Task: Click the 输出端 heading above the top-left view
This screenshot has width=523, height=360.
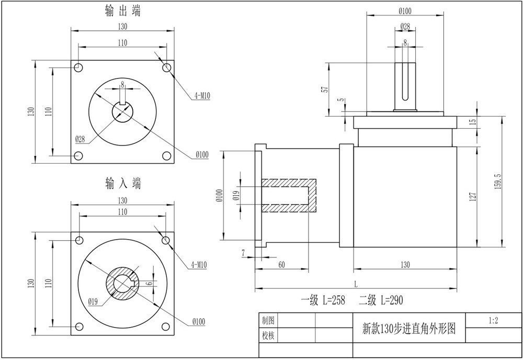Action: (x=123, y=11)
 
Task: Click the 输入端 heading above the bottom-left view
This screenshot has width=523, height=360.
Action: (x=123, y=184)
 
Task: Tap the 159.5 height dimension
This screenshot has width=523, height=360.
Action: (x=498, y=182)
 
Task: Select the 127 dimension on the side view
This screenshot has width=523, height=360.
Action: (x=473, y=197)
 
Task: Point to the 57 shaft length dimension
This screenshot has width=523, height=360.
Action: (x=326, y=89)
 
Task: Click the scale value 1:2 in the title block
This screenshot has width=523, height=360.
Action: (x=493, y=321)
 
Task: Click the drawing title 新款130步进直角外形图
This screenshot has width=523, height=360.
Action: (x=409, y=329)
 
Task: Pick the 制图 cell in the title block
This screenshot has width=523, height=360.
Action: (x=268, y=321)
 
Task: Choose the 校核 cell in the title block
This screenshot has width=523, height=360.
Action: (x=268, y=335)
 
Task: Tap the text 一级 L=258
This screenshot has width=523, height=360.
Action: (x=323, y=300)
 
